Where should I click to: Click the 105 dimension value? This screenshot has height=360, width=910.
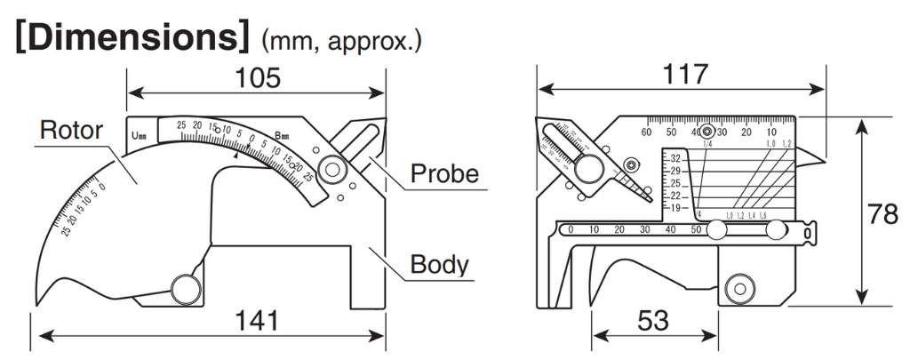tap(257, 78)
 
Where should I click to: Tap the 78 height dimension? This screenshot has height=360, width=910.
tap(883, 213)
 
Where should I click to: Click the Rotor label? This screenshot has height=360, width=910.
tap(71, 132)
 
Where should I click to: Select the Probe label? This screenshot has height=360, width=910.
tap(443, 173)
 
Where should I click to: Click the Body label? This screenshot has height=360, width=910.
tap(439, 264)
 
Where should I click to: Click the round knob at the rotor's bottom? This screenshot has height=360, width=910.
tap(186, 288)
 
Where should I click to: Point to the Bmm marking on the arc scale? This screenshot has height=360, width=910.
tap(282, 136)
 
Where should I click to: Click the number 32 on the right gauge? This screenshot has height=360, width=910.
tap(675, 157)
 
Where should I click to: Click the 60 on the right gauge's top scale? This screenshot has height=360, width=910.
tap(646, 132)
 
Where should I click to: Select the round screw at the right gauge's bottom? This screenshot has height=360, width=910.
tap(737, 288)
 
